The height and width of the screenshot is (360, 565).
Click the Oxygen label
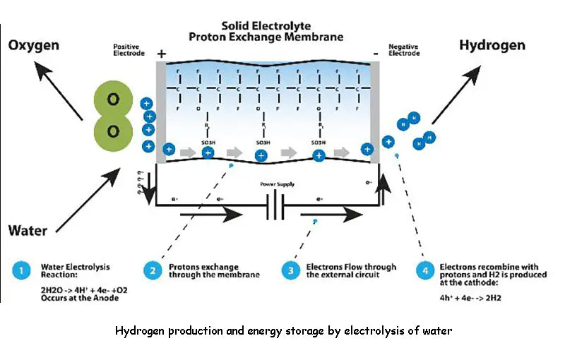tap(34, 47)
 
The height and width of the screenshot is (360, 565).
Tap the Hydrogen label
tap(492, 45)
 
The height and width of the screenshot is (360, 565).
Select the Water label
tap(28, 230)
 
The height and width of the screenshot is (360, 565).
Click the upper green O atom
tap(112, 100)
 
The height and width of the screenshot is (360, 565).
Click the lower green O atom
tap(112, 131)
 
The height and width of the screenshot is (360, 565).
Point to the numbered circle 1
tap(20, 270)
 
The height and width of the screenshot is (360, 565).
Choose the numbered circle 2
tap(152, 270)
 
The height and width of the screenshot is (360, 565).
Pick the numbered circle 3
tap(290, 270)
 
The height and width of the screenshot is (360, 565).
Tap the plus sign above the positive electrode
tap(161, 53)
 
